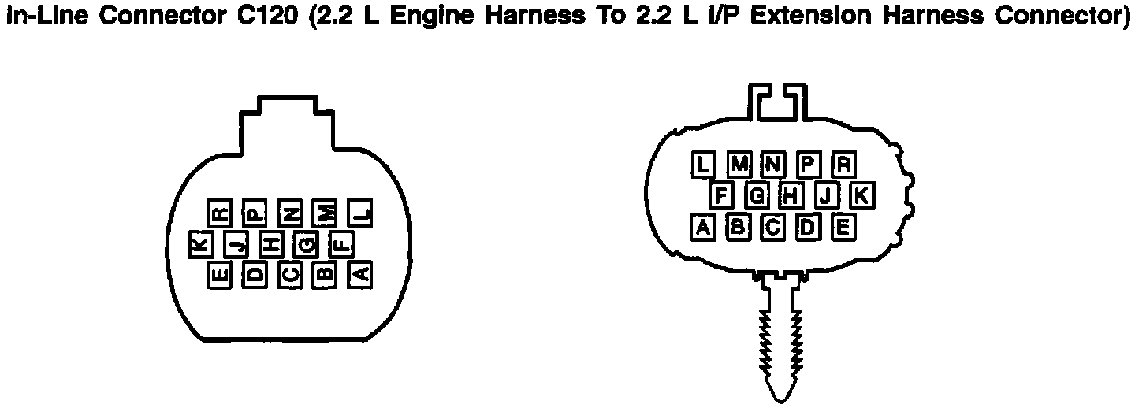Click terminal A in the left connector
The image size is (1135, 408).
point(359,274)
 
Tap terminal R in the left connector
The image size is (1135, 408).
point(220,213)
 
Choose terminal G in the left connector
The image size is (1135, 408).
point(307,245)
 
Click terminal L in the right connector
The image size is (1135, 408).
point(704,164)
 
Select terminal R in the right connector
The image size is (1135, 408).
point(843,164)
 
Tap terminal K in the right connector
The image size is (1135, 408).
point(861,195)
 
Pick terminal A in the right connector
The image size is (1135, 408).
point(703,227)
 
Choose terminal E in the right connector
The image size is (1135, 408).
point(842,227)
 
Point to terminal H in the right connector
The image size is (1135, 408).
point(791,195)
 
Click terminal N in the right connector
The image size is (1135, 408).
point(773,164)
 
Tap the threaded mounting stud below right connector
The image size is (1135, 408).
point(780,339)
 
